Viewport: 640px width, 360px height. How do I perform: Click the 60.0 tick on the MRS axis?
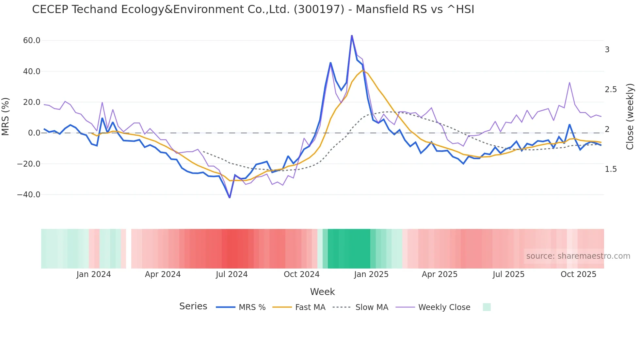[31, 41]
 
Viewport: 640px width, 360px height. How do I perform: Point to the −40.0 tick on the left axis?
[29, 195]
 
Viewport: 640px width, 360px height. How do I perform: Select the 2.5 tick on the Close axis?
[611, 90]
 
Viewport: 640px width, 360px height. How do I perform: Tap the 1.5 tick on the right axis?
[611, 169]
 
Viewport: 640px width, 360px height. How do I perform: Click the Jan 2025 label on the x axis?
[371, 274]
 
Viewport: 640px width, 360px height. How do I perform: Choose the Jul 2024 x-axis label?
[232, 274]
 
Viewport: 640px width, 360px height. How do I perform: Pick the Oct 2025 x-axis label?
[578, 274]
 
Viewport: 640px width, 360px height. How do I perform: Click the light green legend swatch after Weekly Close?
[487, 307]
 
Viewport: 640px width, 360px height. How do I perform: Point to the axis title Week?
[322, 292]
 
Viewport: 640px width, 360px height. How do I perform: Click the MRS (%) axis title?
[6, 117]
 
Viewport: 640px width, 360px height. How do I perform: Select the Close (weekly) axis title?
[630, 117]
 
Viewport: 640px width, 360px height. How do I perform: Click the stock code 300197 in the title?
[319, 9]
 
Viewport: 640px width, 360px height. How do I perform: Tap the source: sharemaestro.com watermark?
[578, 256]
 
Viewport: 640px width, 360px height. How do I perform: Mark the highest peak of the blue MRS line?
[352, 35]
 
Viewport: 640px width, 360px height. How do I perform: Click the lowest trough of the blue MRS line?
[230, 197]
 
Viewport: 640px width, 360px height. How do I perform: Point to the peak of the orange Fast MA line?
[362, 70]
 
